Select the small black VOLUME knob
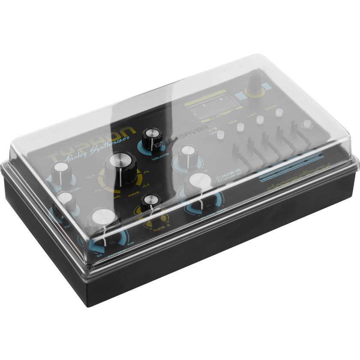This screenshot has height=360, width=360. pyautogui.click(x=152, y=138)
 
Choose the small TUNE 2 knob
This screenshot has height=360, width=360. pyautogui.click(x=151, y=203)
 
